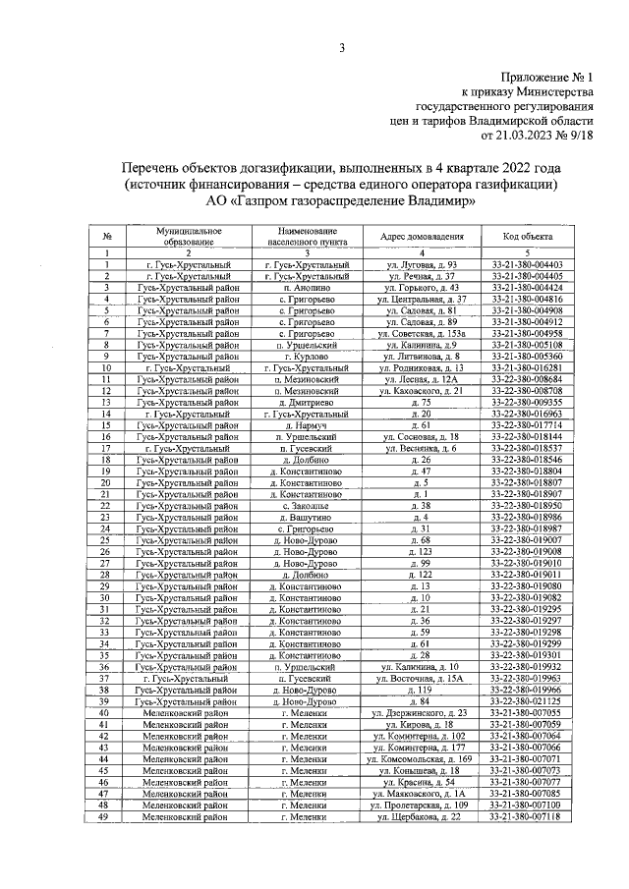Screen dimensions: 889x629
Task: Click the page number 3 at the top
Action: (x=342, y=48)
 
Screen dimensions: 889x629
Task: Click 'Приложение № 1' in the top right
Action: (x=546, y=77)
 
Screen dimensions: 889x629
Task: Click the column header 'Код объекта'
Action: (x=527, y=237)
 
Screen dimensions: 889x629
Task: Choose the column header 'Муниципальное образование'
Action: (x=189, y=236)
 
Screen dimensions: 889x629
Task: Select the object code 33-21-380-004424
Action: (x=527, y=288)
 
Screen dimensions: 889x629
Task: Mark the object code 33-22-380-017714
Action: (x=527, y=425)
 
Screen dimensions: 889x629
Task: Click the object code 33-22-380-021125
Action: (x=527, y=701)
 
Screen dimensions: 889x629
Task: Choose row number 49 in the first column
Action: (x=105, y=816)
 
